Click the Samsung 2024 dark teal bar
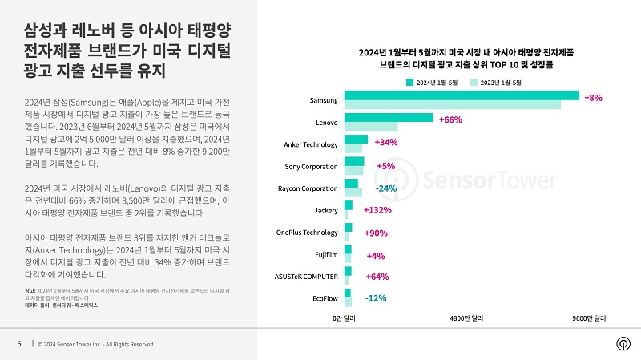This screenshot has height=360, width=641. point(461,95)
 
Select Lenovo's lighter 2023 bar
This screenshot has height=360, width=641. point(370,127)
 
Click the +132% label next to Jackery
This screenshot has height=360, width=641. point(377,210)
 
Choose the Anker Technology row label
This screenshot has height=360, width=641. point(311,144)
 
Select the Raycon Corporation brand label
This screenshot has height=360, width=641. point(308,188)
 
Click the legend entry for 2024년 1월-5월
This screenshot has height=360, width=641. point(432,83)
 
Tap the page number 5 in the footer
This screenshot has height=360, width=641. point(19,344)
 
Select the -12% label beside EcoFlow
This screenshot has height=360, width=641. point(376,299)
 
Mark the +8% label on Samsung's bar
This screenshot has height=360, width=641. point(593,98)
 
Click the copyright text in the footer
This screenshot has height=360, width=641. point(95,344)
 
